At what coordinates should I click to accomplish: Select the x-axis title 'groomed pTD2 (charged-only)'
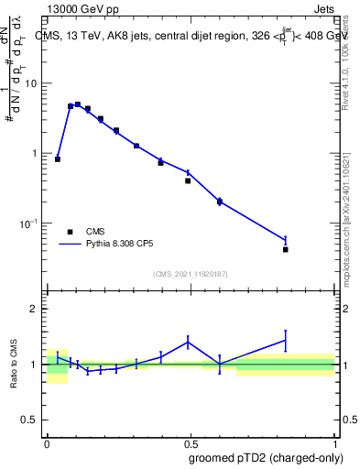coord(259,457)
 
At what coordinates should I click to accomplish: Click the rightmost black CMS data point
coord(286,249)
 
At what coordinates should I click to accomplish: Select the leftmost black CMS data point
coord(58,158)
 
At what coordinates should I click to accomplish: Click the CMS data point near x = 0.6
coord(220,202)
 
